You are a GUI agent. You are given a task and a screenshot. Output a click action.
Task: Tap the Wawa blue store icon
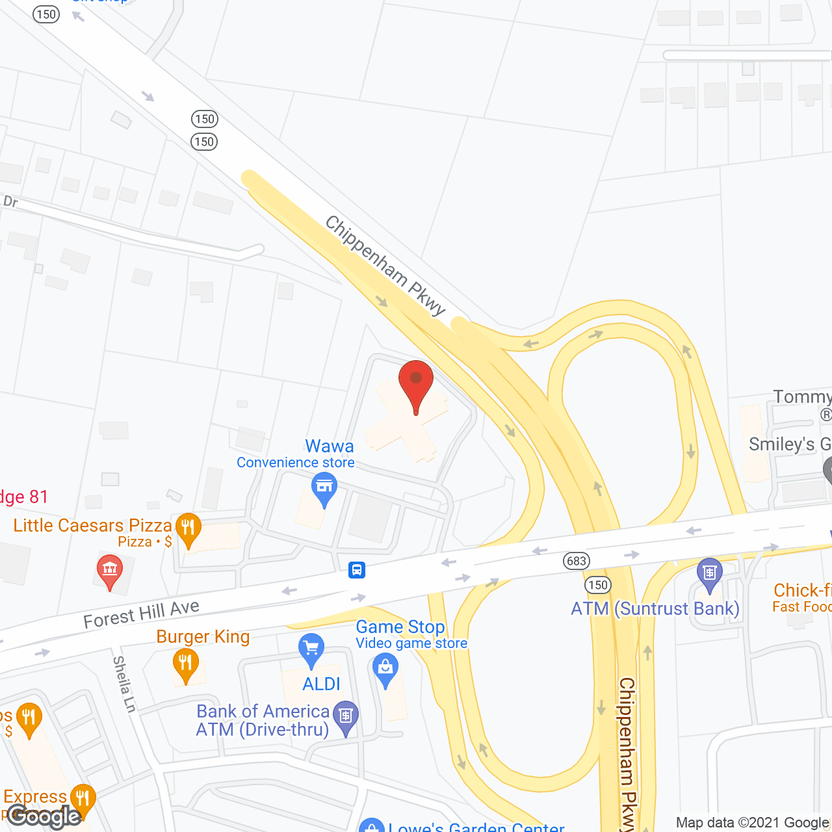click(x=324, y=489)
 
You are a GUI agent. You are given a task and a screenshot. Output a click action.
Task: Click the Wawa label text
click(x=330, y=447)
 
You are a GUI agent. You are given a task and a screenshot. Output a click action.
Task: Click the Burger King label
click(x=203, y=636)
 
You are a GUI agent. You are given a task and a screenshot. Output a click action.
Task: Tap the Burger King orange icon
click(x=186, y=666)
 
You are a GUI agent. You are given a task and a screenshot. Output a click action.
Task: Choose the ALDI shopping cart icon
click(x=311, y=649)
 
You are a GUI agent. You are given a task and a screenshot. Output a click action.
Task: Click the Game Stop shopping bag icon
click(x=385, y=669)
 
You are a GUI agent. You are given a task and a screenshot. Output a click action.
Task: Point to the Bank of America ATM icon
click(x=346, y=718)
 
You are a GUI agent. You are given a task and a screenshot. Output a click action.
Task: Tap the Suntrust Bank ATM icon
click(x=709, y=574)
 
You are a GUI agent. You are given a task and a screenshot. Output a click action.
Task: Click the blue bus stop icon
click(x=356, y=570)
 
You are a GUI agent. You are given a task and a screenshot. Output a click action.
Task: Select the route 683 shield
click(x=576, y=561)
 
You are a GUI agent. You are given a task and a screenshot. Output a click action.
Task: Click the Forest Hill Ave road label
click(x=142, y=614)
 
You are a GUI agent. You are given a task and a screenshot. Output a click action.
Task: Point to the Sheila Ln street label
click(x=123, y=684)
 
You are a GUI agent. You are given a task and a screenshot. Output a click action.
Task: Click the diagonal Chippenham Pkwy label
click(x=385, y=265)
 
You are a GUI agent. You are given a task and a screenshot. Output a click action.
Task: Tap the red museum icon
click(x=110, y=571)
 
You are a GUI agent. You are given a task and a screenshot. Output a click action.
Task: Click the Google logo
click(x=44, y=816)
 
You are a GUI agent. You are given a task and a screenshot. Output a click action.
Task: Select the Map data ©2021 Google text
click(x=753, y=822)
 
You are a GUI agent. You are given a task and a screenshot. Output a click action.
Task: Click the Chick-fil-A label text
click(x=802, y=590)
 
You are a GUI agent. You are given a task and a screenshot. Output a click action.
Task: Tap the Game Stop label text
click(x=400, y=627)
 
